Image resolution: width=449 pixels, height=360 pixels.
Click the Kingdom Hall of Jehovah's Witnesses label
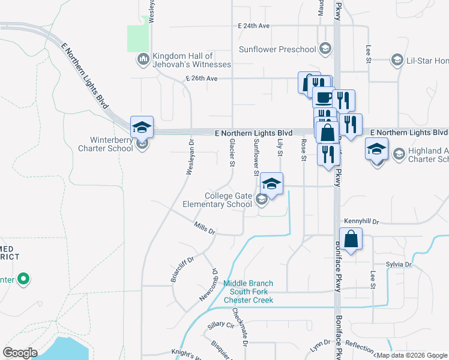191,60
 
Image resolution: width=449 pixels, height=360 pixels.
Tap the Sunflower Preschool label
277,49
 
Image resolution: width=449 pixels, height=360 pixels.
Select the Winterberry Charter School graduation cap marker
142,127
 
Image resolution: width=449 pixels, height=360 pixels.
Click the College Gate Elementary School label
228,200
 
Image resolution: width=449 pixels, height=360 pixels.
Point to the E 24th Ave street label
254,26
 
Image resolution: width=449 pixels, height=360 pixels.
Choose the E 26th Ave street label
202,79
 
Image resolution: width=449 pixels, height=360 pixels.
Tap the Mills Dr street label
205,228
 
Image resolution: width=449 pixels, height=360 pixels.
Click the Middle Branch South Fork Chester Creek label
249,292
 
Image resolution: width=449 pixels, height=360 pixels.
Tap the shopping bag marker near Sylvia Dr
351,239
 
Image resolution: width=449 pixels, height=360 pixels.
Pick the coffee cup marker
324,97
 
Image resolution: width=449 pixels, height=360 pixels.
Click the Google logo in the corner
20,353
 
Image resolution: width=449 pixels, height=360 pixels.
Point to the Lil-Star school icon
397,60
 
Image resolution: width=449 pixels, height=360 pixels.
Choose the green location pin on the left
23,279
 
